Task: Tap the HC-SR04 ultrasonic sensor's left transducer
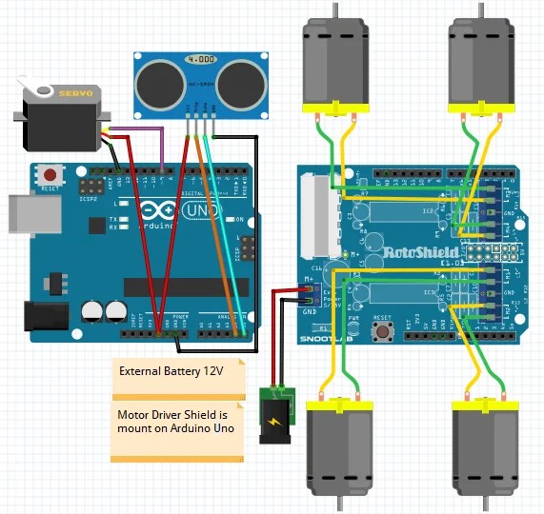click(156, 84)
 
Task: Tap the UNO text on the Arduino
click(202, 210)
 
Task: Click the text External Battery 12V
click(171, 372)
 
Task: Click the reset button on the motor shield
click(385, 331)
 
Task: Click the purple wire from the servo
click(143, 128)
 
